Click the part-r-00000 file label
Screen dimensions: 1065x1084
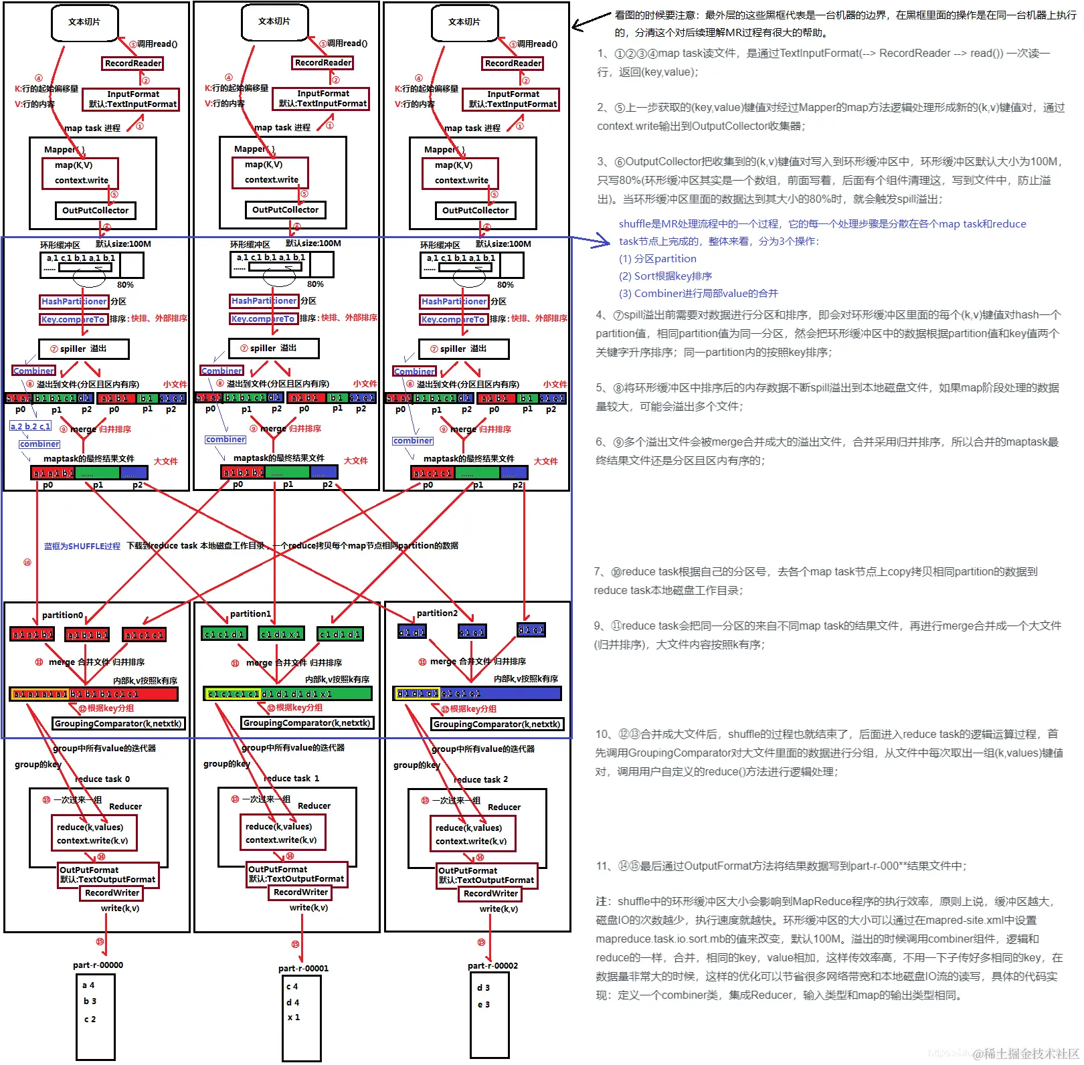[98, 965]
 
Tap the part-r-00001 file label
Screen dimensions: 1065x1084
[303, 968]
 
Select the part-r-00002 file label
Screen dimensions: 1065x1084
[492, 965]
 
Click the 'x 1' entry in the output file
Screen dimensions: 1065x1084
[294, 1017]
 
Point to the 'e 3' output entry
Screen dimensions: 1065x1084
[483, 1004]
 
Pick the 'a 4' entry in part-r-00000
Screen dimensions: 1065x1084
[88, 985]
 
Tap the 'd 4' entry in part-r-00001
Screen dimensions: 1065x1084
[292, 1002]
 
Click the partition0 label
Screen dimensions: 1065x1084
[62, 615]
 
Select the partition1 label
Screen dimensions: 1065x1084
[250, 613]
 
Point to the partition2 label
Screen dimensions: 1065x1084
[437, 613]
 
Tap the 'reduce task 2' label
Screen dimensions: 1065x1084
[480, 779]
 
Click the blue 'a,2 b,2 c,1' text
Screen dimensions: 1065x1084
[31, 426]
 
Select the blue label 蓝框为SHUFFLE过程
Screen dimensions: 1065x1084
[82, 546]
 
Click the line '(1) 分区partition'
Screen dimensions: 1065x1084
[657, 258]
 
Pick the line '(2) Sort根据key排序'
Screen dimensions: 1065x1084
[665, 276]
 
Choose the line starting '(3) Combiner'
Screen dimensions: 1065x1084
[698, 293]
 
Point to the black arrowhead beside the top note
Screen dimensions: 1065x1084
[576, 27]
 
